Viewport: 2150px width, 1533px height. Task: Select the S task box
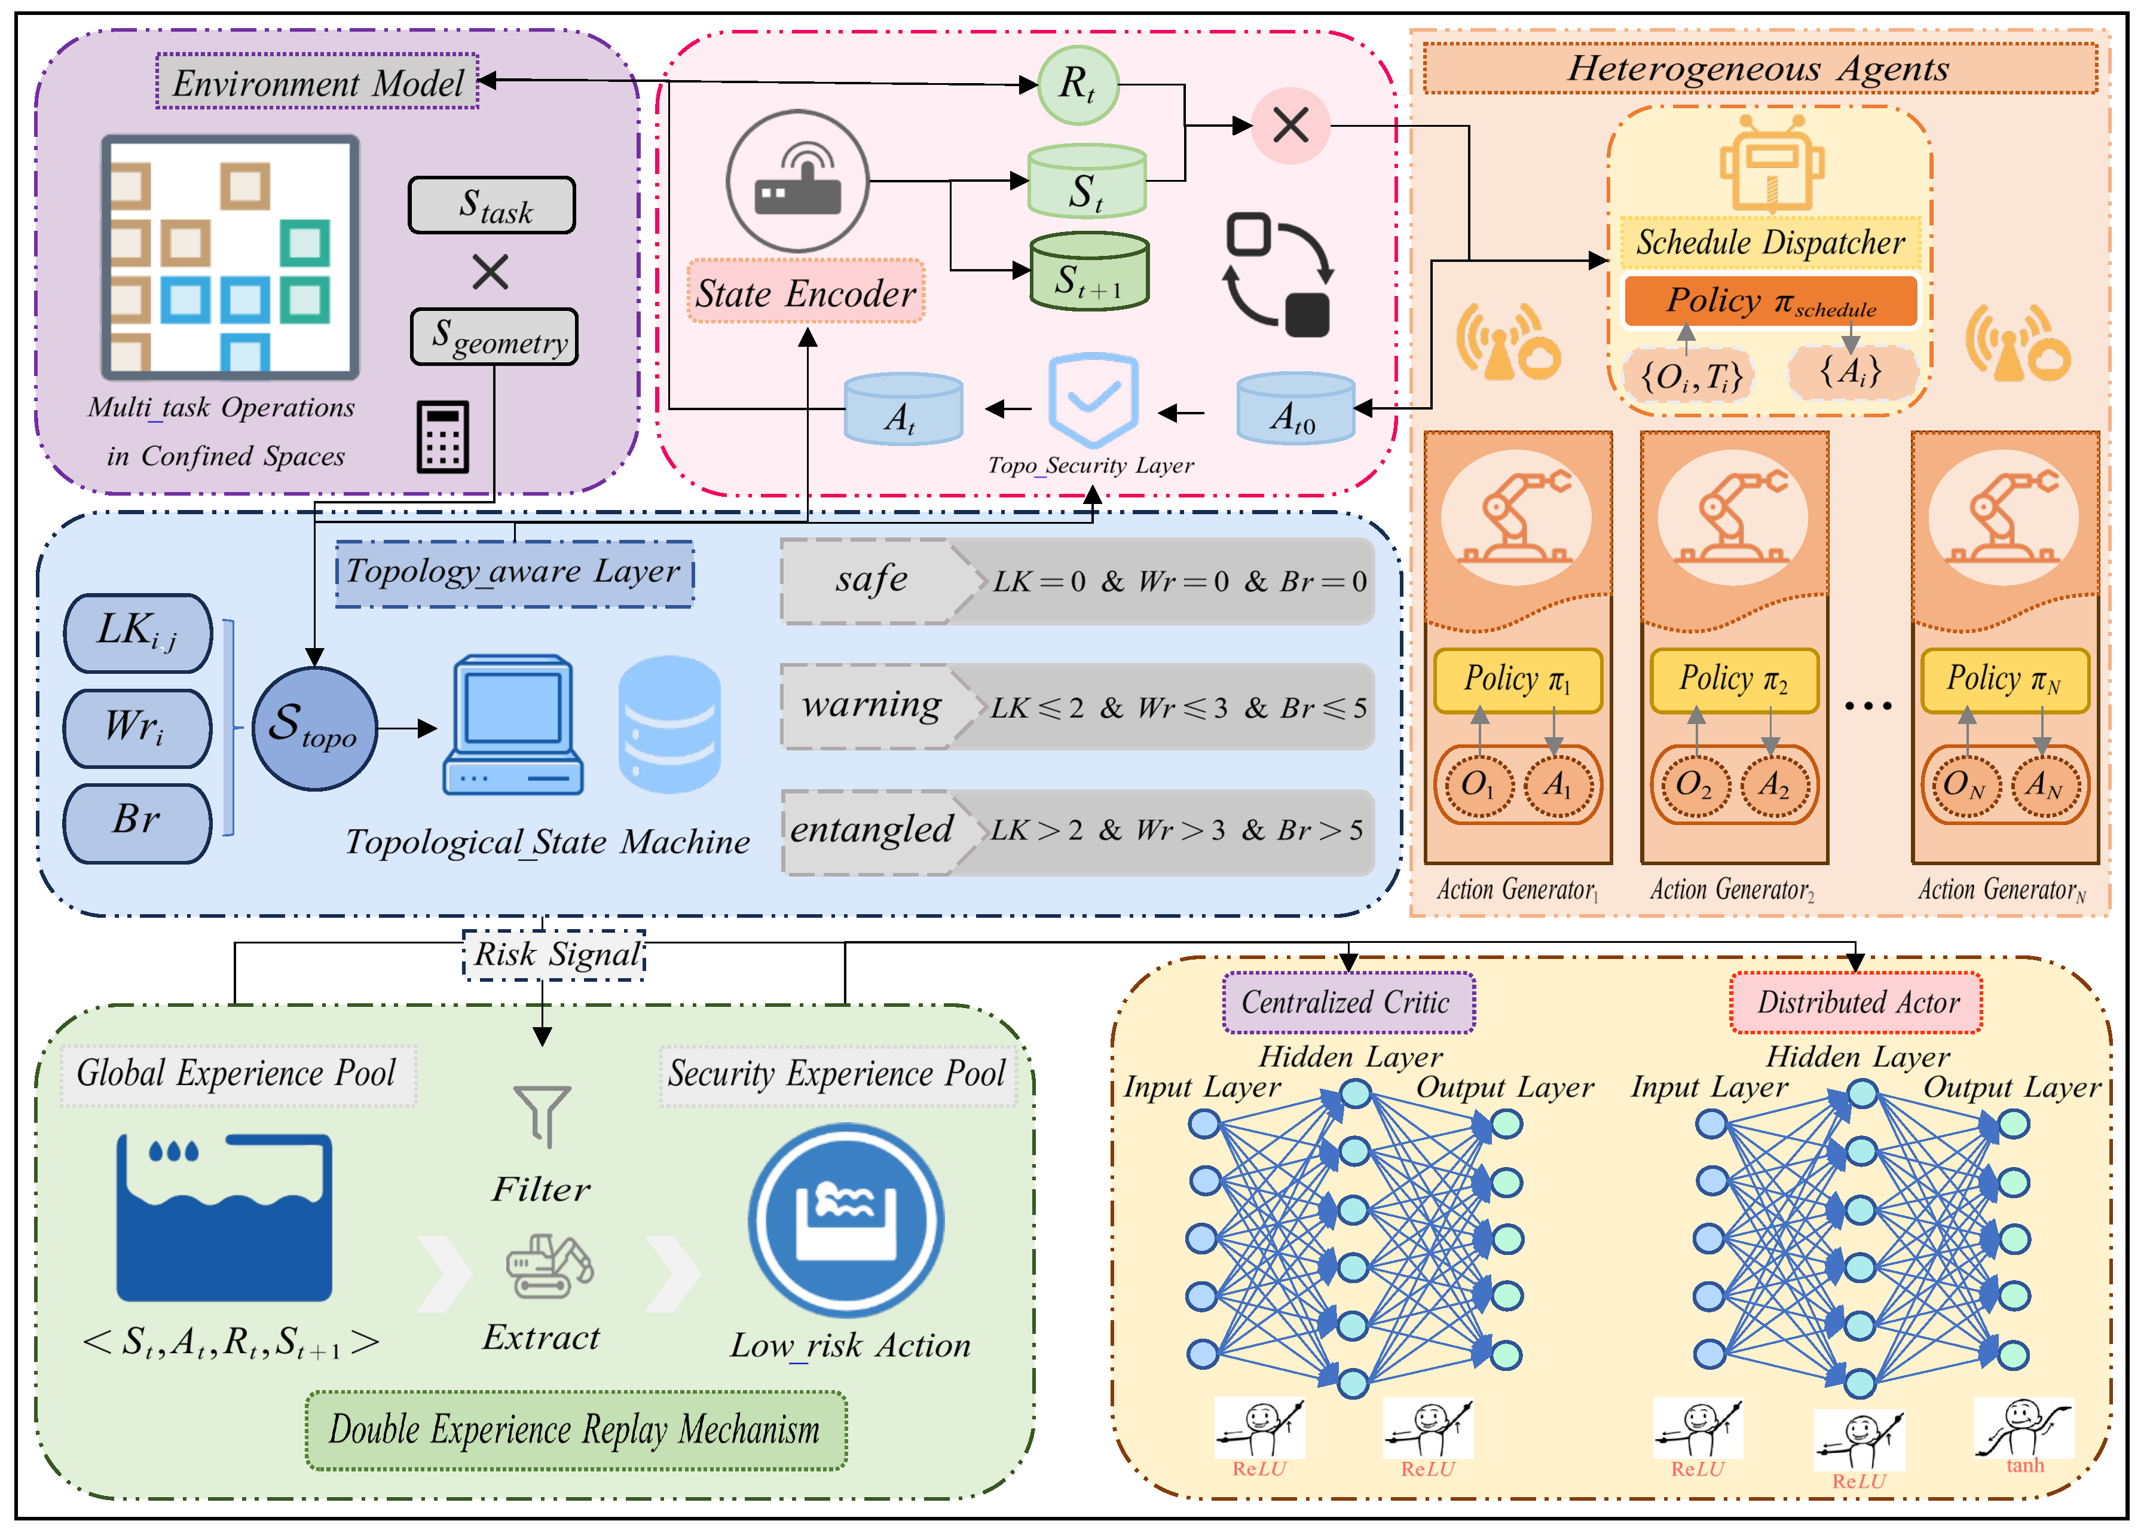[492, 205]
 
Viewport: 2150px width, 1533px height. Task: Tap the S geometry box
[494, 337]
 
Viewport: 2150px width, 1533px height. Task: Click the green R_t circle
[1078, 85]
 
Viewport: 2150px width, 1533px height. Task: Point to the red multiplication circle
[1290, 124]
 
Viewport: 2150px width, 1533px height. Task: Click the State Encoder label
[805, 292]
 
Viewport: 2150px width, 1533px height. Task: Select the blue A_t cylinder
[903, 409]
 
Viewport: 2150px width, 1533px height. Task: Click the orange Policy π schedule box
[1770, 301]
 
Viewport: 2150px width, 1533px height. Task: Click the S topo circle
[314, 728]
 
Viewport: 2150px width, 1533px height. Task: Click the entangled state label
[870, 830]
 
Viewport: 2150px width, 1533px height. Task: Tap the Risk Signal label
[556, 954]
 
